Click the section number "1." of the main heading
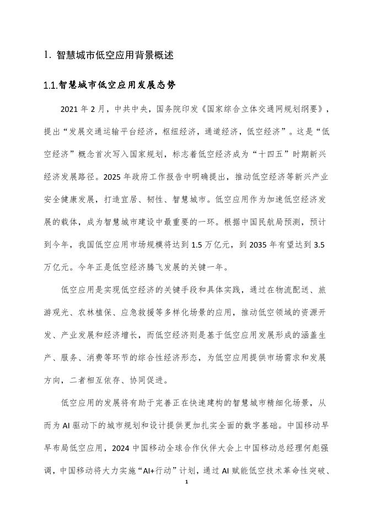click(x=47, y=55)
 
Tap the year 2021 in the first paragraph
click(x=71, y=108)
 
